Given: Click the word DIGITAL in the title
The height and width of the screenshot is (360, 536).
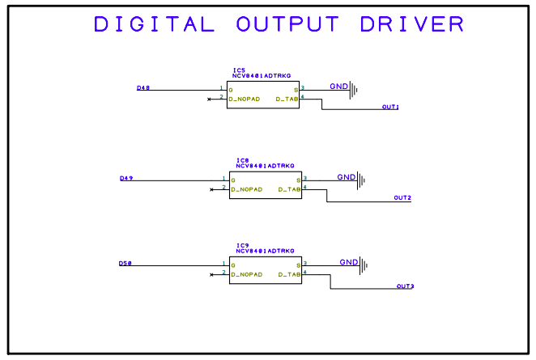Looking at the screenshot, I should tap(154, 24).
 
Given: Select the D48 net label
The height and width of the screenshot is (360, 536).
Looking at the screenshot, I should tap(143, 87).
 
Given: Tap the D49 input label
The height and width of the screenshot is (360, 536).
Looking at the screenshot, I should tap(126, 178).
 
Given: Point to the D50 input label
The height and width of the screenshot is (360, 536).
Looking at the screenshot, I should tap(125, 264).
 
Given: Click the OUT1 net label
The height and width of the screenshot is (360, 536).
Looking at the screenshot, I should tap(390, 107).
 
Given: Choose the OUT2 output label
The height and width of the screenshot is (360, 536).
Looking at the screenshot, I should tap(402, 197).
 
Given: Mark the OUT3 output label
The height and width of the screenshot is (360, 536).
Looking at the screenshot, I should tap(405, 286).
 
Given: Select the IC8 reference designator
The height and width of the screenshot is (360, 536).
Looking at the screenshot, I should tap(242, 160).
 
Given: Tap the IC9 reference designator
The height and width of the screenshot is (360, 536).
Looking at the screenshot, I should tap(242, 246).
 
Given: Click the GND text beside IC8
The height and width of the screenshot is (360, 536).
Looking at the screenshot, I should tap(346, 176).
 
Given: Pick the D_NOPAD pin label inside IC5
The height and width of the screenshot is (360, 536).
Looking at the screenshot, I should tap(245, 99).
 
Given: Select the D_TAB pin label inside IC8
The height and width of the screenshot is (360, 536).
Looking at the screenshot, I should tap(289, 189).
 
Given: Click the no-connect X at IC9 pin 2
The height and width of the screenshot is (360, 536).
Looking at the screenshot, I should tap(211, 275).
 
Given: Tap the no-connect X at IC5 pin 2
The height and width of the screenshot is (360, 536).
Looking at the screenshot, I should tap(210, 99).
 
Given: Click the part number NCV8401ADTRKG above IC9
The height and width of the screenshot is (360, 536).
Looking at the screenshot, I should tap(265, 252).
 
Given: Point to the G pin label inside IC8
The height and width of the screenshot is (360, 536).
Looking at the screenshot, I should tap(232, 179).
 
